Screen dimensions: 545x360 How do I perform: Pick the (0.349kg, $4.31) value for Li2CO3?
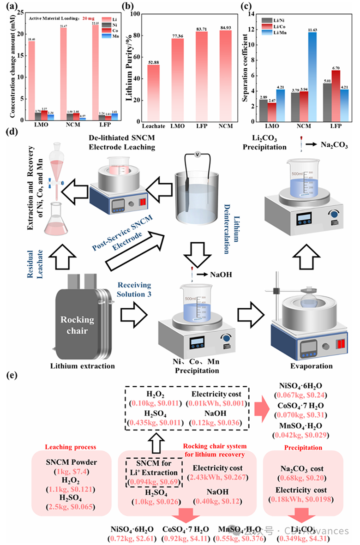(302, 538)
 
